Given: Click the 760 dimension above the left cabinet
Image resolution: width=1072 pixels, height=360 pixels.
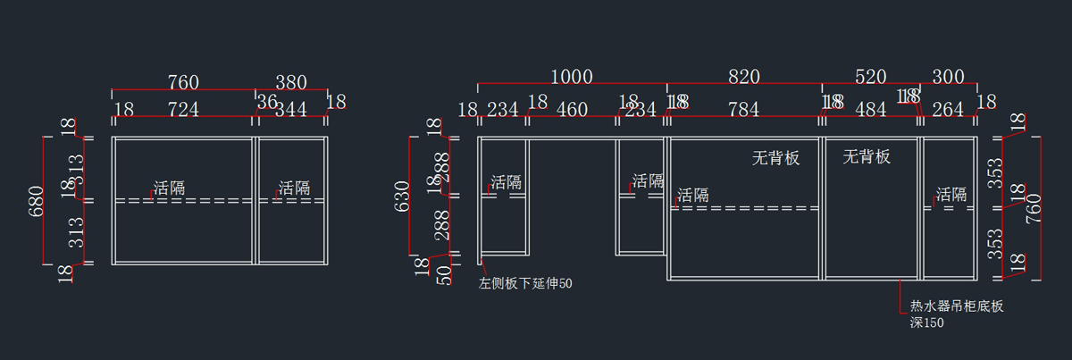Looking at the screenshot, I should (183, 82).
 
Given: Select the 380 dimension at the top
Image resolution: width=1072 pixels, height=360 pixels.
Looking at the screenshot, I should (290, 82).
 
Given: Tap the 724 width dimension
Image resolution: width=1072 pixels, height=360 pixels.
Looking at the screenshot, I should (183, 110).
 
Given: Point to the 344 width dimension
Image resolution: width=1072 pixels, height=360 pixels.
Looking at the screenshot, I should (292, 110).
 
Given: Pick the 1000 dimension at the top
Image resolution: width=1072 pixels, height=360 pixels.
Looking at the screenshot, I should (572, 77).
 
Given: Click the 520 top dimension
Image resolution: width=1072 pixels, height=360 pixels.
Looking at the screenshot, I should (870, 77).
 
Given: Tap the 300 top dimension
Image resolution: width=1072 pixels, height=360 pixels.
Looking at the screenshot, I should (948, 77).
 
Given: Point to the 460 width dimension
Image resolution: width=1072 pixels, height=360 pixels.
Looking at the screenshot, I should (572, 110).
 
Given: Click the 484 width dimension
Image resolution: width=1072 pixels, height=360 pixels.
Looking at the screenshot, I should (870, 110).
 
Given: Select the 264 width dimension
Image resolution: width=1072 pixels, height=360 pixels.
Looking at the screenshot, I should (948, 110).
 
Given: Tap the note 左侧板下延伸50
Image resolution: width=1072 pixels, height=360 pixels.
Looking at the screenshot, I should (525, 284).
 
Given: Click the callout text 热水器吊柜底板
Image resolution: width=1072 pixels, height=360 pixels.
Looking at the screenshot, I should (957, 307).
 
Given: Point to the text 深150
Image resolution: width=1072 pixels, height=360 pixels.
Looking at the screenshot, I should (926, 322).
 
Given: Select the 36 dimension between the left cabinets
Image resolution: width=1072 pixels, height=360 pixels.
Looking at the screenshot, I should (267, 102).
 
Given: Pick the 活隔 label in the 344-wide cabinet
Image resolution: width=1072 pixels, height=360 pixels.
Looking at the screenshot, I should (294, 188).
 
